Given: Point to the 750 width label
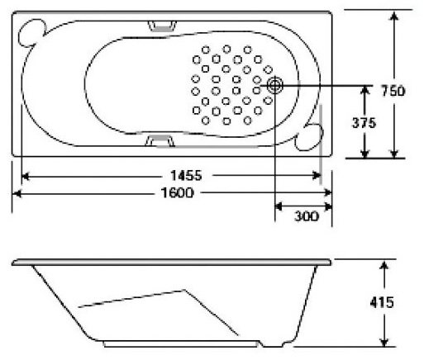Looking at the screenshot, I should (394, 91).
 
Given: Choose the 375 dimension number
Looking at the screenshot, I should (364, 123).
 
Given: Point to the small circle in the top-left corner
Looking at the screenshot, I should (32, 31).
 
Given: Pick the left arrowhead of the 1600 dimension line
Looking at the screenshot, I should (16, 193).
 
